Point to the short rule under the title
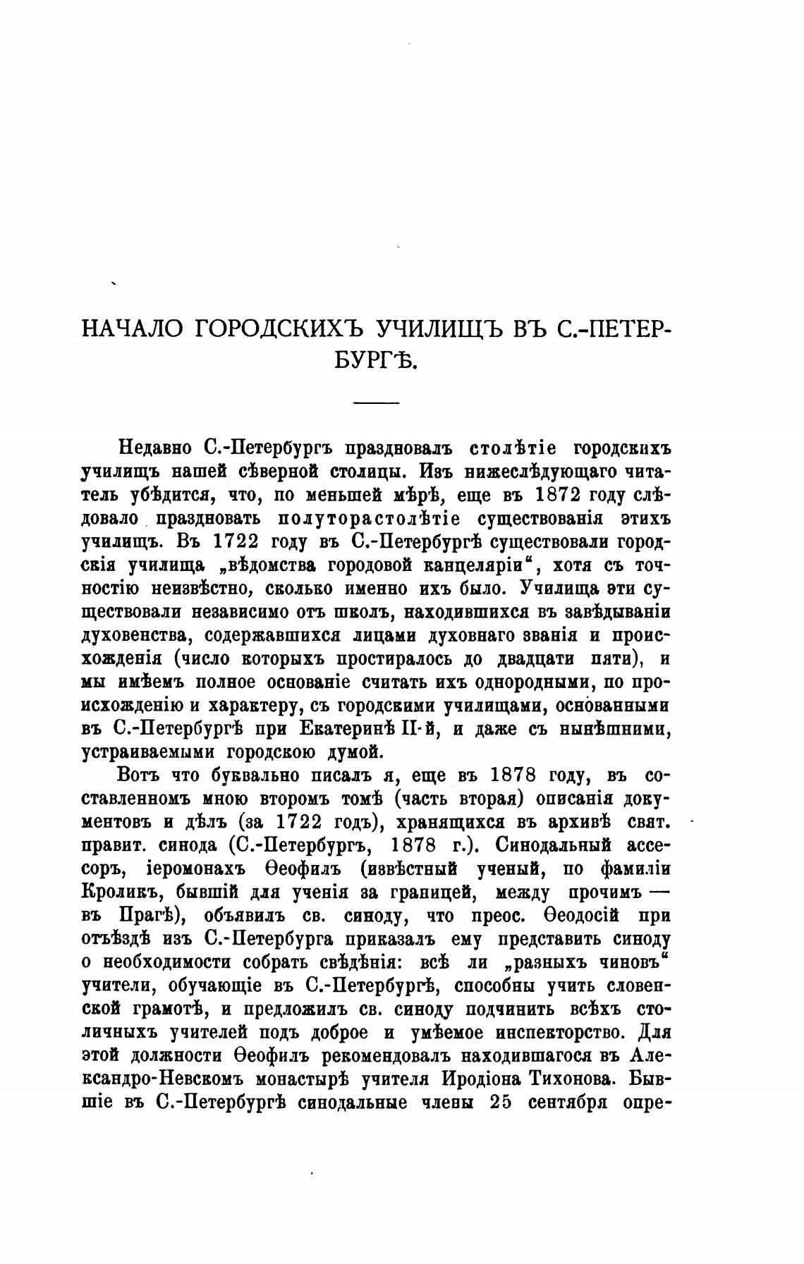[x=376, y=403]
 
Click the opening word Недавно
[x=156, y=448]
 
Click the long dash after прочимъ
[x=658, y=892]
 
